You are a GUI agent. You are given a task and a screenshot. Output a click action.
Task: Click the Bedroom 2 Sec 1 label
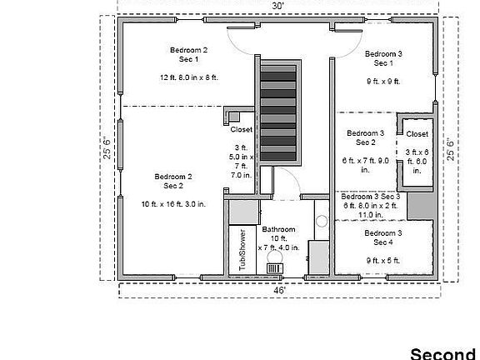pos(188,55)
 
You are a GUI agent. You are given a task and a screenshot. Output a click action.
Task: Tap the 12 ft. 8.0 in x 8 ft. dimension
pos(188,77)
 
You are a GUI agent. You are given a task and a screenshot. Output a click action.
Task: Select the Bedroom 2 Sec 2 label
pos(172,181)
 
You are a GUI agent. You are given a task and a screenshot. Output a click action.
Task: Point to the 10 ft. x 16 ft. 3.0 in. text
pos(173,204)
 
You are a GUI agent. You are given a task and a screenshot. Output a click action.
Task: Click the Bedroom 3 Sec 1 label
pos(382,58)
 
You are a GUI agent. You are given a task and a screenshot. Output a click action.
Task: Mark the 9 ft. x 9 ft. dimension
pos(382,82)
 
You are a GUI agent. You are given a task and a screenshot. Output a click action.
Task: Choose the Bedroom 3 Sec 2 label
pos(365,137)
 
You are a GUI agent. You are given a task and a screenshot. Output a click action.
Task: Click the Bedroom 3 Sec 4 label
pos(382,237)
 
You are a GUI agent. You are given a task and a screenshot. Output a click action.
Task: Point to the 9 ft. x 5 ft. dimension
pos(382,260)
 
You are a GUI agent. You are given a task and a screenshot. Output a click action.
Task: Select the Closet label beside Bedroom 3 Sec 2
pos(417,134)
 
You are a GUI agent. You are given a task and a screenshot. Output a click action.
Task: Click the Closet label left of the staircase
pos(241,130)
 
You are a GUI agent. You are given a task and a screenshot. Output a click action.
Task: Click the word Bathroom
pos(278,229)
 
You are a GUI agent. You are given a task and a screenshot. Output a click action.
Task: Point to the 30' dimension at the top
pos(277,5)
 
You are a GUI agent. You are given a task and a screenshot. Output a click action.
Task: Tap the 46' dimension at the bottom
pos(278,290)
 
